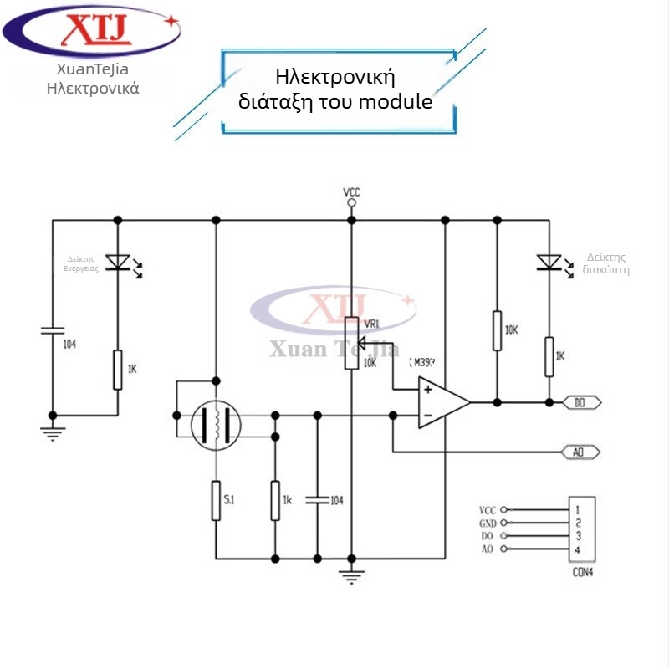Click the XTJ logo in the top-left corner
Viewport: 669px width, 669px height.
click(x=92, y=32)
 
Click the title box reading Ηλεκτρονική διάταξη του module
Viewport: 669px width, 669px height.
click(x=341, y=89)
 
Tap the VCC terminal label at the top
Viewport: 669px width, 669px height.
click(x=351, y=192)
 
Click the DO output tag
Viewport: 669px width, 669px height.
click(x=581, y=402)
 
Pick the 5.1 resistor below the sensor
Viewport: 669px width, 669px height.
click(x=216, y=501)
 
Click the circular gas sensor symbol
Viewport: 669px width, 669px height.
click(x=216, y=425)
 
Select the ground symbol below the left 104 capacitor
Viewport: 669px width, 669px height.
click(x=52, y=432)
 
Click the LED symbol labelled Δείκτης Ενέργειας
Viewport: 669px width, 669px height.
click(x=118, y=263)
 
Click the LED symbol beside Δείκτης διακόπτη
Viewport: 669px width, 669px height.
click(x=549, y=263)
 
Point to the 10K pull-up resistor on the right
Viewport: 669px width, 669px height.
click(x=497, y=330)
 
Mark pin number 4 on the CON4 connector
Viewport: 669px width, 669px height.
click(x=578, y=549)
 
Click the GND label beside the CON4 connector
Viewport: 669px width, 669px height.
click(x=488, y=523)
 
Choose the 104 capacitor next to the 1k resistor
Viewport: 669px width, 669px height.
click(x=317, y=500)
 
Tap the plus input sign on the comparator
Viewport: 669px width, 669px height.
click(x=427, y=389)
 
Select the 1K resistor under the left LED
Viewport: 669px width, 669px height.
click(x=118, y=369)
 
